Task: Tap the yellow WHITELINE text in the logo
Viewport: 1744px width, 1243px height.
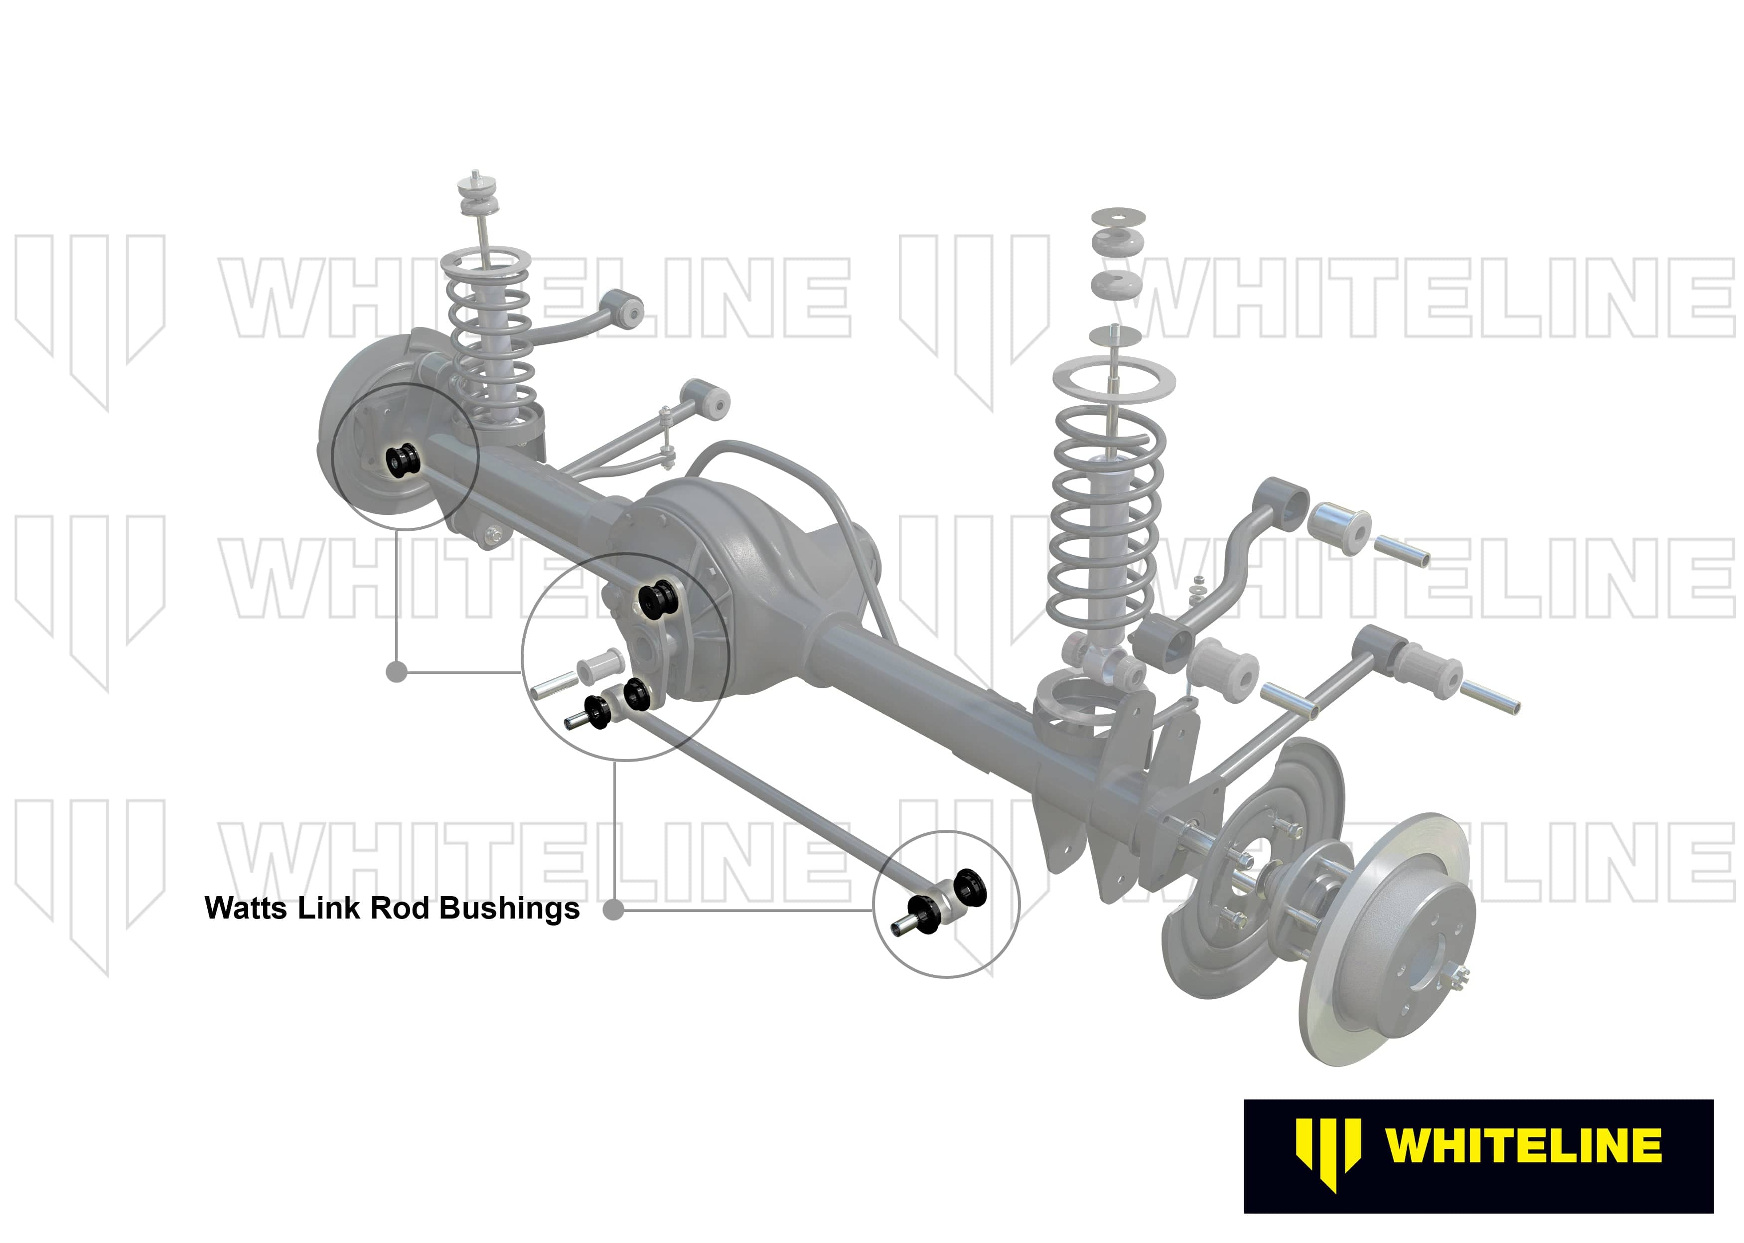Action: [1523, 1146]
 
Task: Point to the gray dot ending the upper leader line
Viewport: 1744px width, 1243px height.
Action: [397, 672]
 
